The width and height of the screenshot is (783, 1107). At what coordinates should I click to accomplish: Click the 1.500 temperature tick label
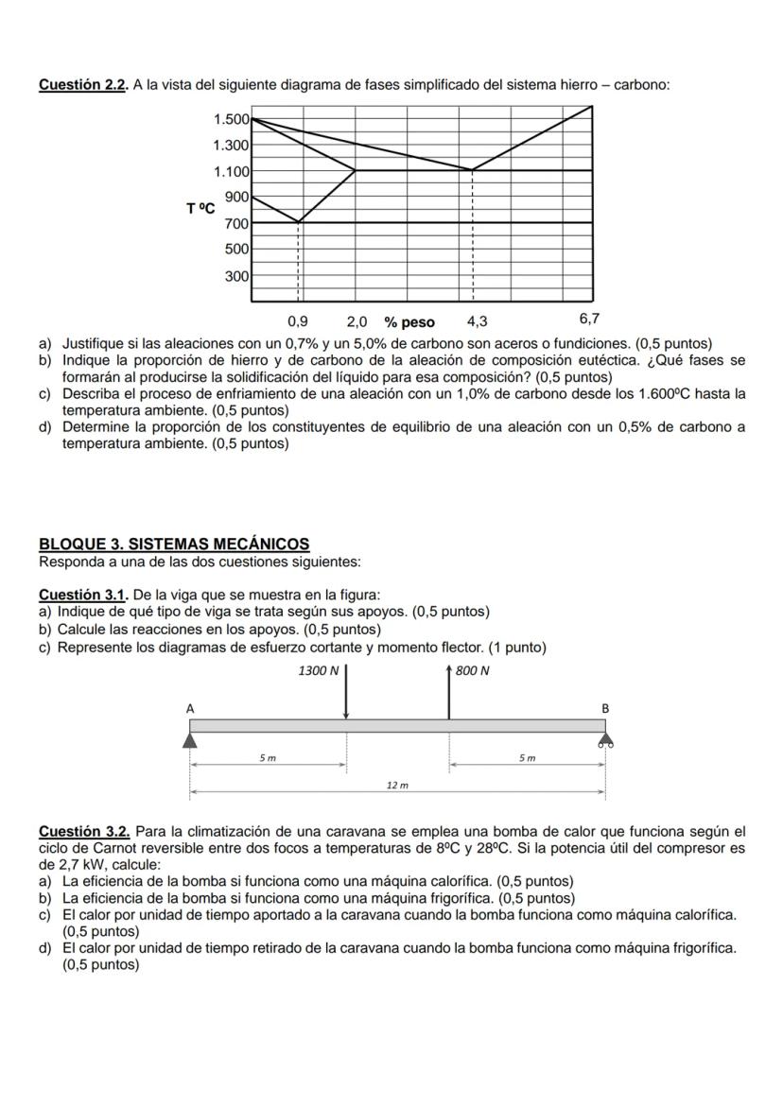[x=232, y=119]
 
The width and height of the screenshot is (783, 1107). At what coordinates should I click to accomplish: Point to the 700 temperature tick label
[x=236, y=224]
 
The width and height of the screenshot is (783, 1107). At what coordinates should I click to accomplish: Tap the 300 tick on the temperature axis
[x=236, y=277]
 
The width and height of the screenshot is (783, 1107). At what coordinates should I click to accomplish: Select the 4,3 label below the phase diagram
[x=477, y=321]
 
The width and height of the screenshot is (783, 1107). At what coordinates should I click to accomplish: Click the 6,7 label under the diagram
[x=590, y=320]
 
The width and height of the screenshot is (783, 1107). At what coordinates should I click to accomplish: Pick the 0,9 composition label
[x=297, y=321]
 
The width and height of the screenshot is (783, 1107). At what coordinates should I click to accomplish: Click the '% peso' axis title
[x=409, y=322]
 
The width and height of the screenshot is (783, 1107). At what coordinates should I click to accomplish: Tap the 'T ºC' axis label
[x=200, y=208]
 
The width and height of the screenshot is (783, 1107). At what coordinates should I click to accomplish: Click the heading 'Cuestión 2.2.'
[x=83, y=85]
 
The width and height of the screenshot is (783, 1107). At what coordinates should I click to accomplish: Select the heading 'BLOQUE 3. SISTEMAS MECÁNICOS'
[x=174, y=545]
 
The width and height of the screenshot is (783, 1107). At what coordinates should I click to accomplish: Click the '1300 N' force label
[x=317, y=671]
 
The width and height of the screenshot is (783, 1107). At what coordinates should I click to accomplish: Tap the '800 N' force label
[x=472, y=671]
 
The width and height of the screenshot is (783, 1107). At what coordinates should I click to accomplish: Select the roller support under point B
[x=605, y=740]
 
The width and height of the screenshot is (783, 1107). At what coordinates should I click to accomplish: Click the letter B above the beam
[x=605, y=708]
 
